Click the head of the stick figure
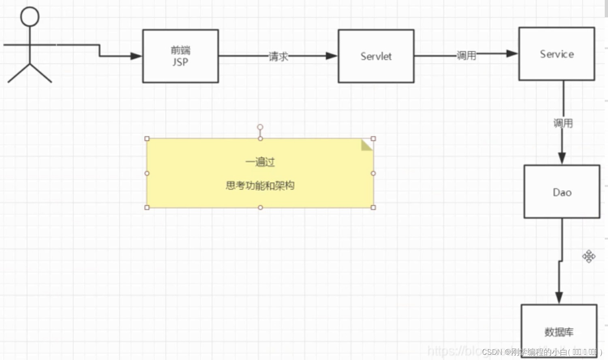[x=30, y=17]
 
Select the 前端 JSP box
[x=180, y=56]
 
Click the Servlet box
[x=376, y=56]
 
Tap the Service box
[x=557, y=54]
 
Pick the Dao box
[x=562, y=192]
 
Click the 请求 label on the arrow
[x=278, y=56]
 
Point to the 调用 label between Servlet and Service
[x=466, y=55]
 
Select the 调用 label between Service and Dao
[x=563, y=123]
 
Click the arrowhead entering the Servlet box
[x=332, y=56]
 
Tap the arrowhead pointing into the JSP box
[x=136, y=56]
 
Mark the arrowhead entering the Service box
[x=512, y=54]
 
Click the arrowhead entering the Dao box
[x=562, y=158]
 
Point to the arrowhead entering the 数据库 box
[x=559, y=298]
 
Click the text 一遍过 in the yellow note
[x=260, y=162]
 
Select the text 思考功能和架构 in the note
[x=260, y=186]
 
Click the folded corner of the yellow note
[x=366, y=145]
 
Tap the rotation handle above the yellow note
[x=260, y=127]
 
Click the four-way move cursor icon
[x=589, y=256]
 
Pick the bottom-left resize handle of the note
[x=147, y=208]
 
